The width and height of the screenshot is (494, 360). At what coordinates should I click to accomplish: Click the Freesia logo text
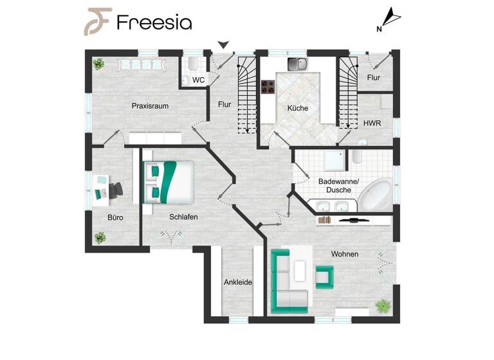(x=154, y=22)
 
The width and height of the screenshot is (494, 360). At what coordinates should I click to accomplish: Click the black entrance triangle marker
(x=223, y=44)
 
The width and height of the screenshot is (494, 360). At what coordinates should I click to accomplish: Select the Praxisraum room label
(x=150, y=106)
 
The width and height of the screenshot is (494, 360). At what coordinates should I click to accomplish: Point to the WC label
(x=199, y=80)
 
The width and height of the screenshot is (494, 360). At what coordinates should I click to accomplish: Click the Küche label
(x=298, y=108)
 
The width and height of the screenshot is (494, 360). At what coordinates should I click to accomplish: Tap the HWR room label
(x=371, y=123)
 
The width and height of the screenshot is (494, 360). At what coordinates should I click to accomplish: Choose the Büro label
(x=115, y=217)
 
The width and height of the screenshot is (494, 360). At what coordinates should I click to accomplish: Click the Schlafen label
(x=183, y=217)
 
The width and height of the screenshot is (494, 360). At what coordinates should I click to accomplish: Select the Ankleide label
(x=237, y=282)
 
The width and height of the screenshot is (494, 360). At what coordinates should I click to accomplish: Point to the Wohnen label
(x=344, y=254)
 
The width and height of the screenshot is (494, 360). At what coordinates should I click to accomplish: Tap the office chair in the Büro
(x=116, y=190)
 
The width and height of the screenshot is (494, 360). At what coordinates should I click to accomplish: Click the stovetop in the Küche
(x=268, y=88)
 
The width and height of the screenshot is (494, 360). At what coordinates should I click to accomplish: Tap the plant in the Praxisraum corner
(x=98, y=64)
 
